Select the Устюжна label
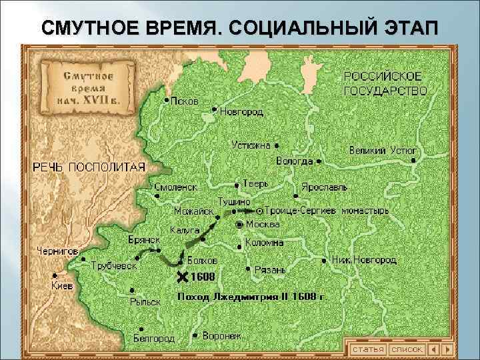[251, 145]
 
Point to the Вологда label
[294, 161]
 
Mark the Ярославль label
[323, 187]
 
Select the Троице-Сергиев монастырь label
[327, 211]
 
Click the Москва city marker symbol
[239, 224]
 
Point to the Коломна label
[264, 243]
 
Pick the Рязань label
[269, 270]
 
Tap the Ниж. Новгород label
[364, 259]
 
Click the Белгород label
[153, 339]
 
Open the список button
[407, 349]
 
